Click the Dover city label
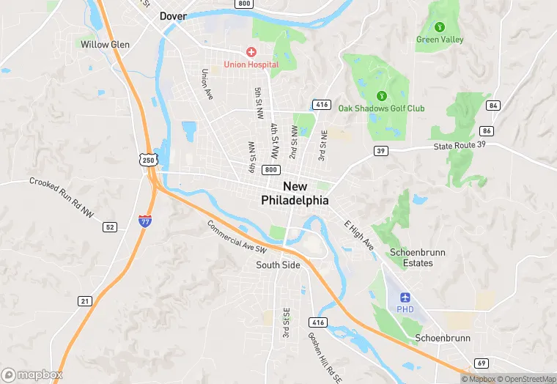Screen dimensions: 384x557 (x=174, y=15)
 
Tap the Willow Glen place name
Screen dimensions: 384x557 (x=106, y=45)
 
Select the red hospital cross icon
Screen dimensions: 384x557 (x=251, y=51)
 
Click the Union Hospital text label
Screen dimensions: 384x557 (x=251, y=64)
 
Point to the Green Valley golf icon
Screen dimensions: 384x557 (x=440, y=27)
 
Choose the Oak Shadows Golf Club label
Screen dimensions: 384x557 (x=381, y=108)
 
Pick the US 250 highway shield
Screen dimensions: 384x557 (x=149, y=160)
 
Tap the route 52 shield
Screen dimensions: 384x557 (x=110, y=227)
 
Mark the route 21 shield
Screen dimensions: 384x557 (x=85, y=301)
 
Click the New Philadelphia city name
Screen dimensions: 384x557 (x=295, y=193)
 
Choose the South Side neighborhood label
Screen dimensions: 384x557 (x=278, y=265)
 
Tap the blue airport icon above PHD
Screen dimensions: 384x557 (x=406, y=297)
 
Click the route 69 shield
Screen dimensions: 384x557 (x=482, y=363)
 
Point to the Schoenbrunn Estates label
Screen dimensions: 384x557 (x=417, y=257)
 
